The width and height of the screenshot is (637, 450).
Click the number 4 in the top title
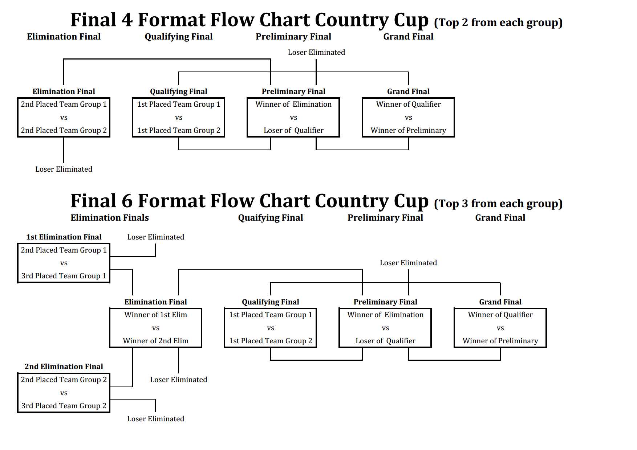coord(127,20)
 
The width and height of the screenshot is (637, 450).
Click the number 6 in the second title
coord(127,201)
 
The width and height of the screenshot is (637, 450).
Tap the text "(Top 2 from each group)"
coord(498,22)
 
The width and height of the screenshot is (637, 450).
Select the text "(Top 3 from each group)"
coord(498,204)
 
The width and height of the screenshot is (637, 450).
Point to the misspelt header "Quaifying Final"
coord(270,218)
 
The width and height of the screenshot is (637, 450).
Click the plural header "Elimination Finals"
coord(110,218)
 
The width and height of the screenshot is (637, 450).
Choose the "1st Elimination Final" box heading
coord(64,237)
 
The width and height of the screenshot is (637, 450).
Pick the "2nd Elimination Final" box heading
coord(64,367)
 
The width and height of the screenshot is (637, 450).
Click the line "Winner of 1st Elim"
coord(155,315)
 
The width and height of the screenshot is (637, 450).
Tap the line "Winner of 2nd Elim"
coord(155,341)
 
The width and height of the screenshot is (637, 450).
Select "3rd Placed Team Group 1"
coord(64,276)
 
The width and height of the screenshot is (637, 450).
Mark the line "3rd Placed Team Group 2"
coord(64,406)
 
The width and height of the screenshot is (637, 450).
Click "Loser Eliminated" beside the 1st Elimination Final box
coord(155,237)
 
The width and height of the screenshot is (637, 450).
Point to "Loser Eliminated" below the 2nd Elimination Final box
coord(155,419)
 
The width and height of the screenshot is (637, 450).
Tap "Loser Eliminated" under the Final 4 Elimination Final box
coord(64,169)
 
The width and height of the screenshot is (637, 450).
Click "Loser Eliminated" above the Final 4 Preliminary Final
coord(316,52)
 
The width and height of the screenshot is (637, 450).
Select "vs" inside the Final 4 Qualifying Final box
coord(178,118)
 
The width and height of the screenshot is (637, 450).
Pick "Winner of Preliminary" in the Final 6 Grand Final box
coord(500,341)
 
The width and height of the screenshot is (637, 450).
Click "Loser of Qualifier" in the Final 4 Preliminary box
coord(293,130)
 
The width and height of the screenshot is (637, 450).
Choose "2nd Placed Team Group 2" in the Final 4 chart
coord(64,130)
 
